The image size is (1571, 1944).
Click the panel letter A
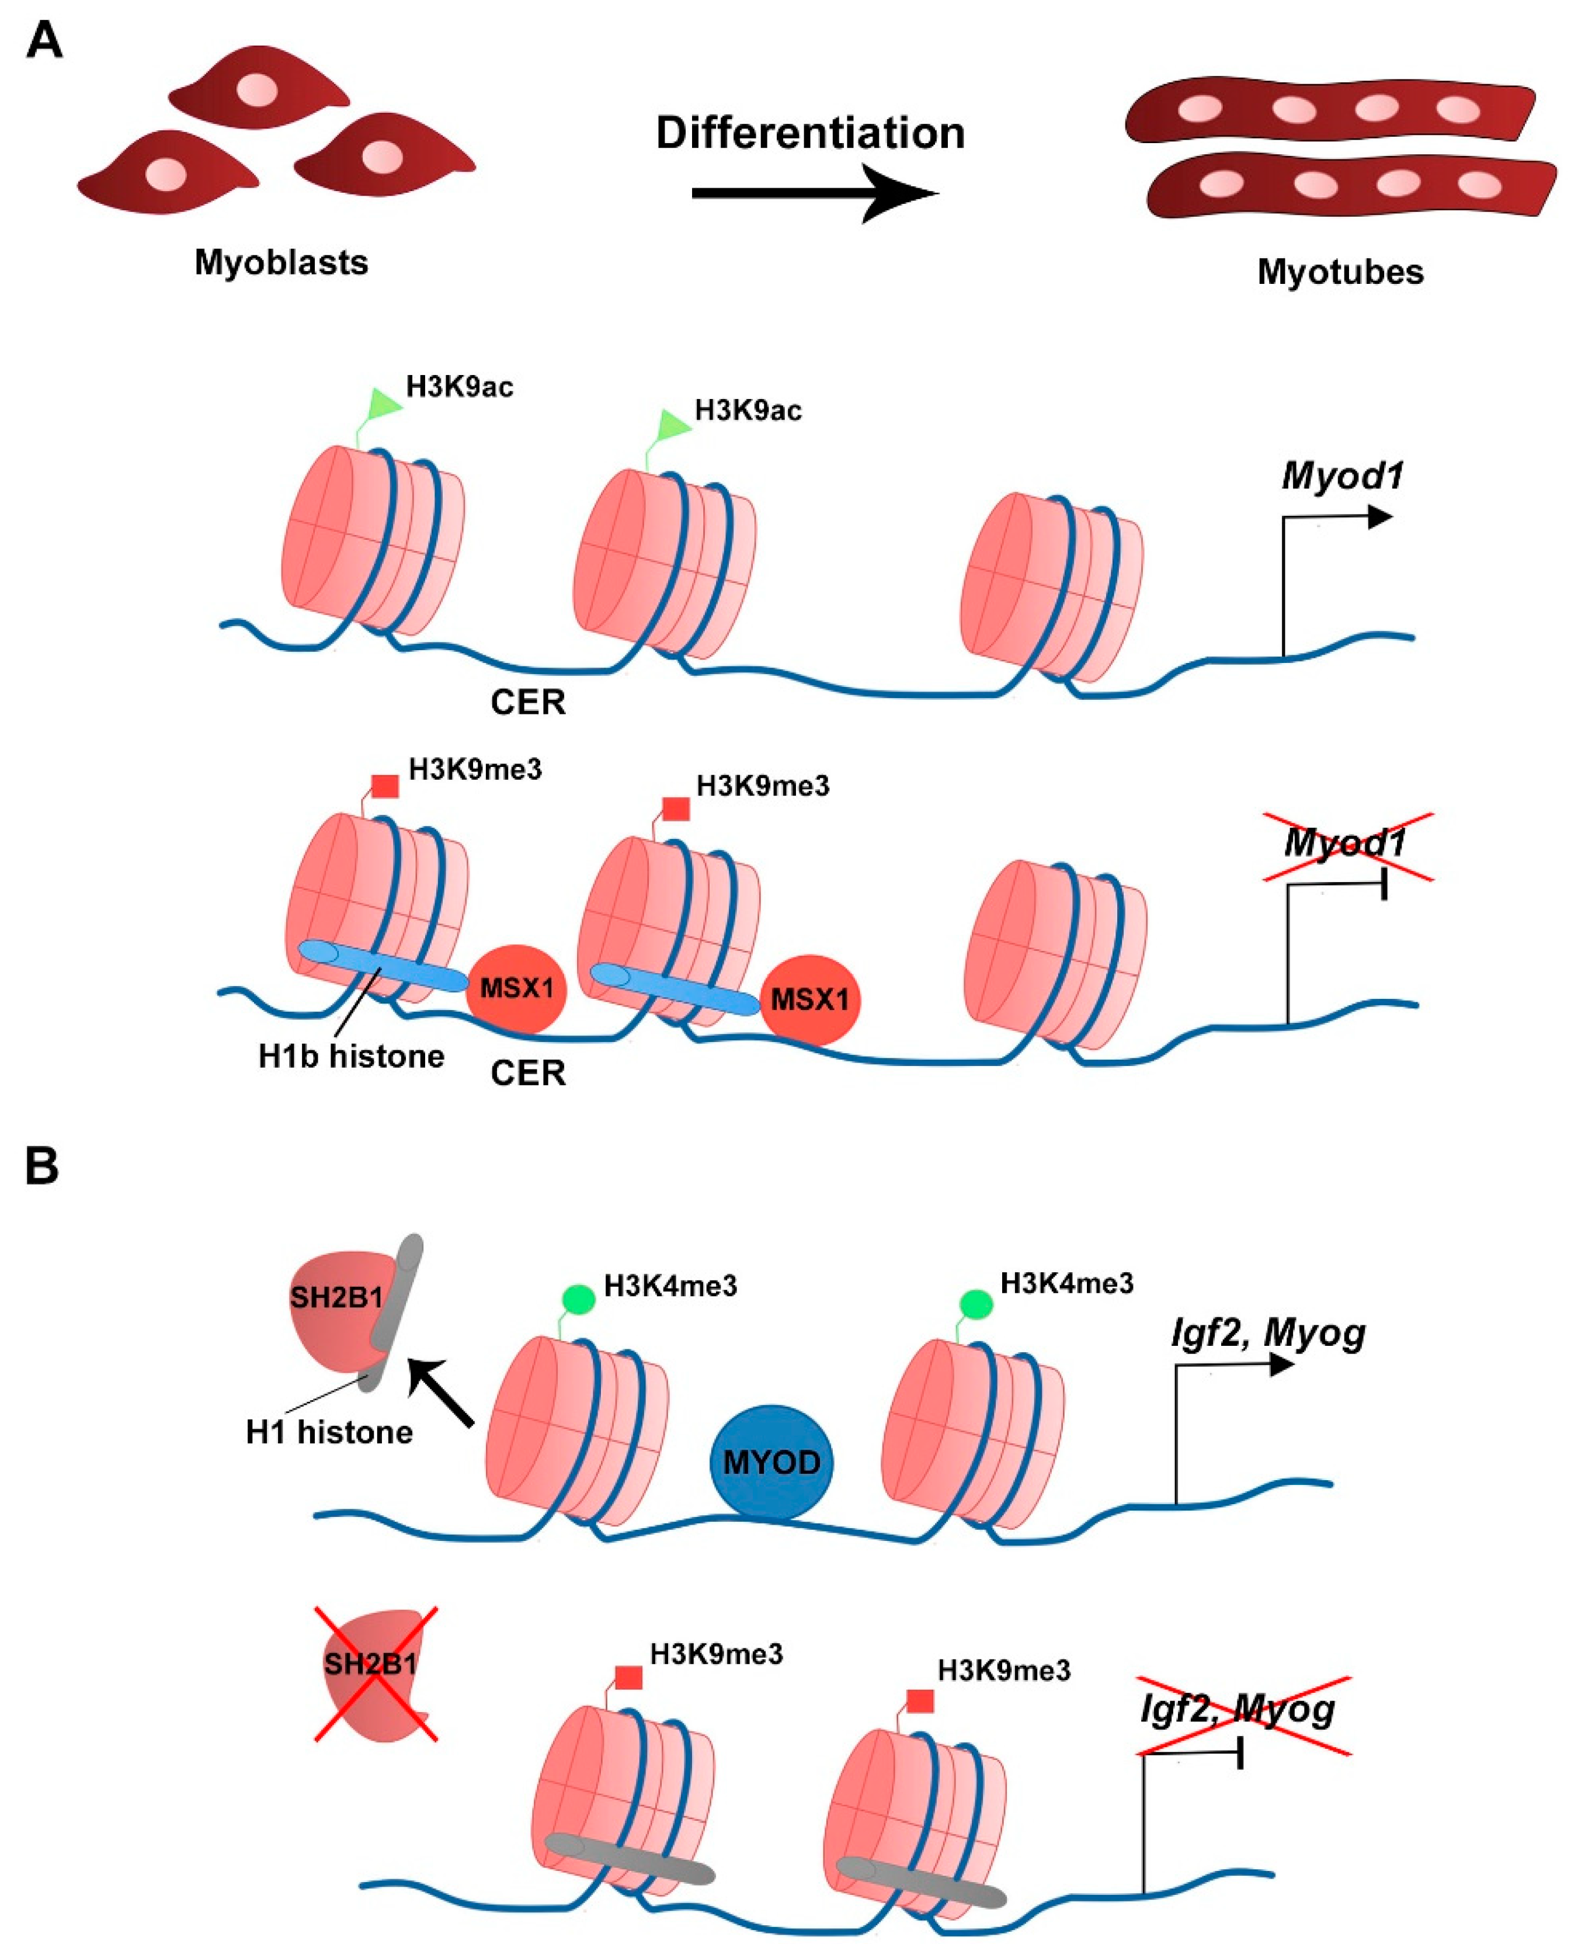pyautogui.click(x=44, y=41)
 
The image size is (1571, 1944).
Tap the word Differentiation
pyautogui.click(x=810, y=133)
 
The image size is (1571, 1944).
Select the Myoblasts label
pyautogui.click(x=281, y=262)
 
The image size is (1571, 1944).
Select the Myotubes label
pyautogui.click(x=1340, y=272)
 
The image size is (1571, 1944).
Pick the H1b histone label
pyautogui.click(x=351, y=1056)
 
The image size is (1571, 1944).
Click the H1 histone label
pyautogui.click(x=328, y=1432)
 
